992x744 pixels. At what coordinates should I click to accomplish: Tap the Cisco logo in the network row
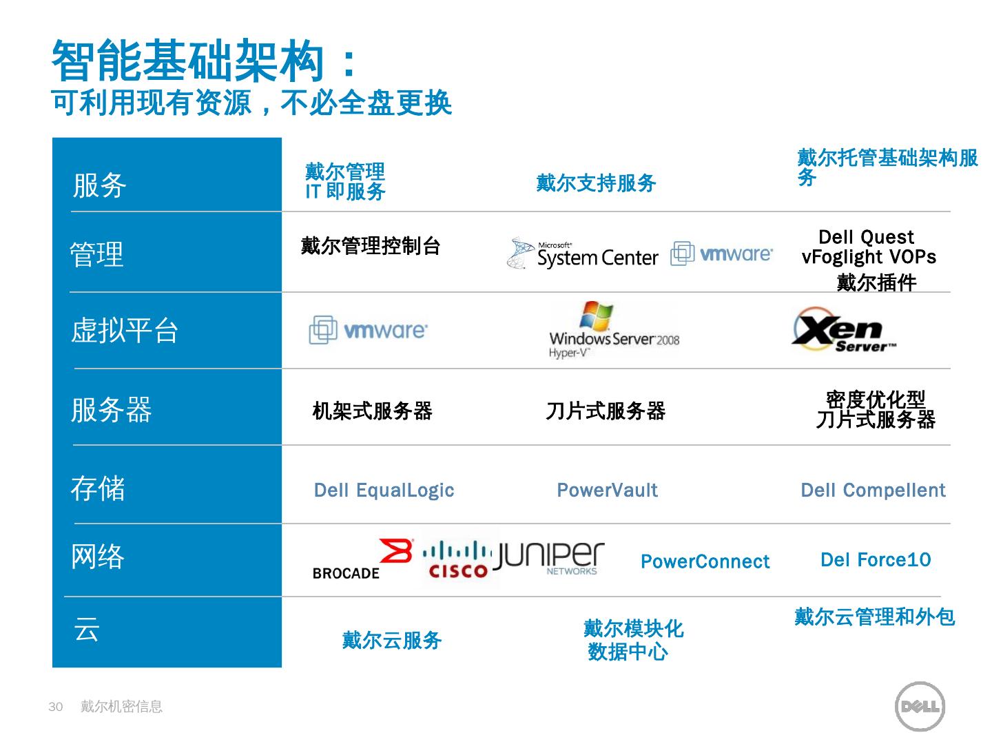458,559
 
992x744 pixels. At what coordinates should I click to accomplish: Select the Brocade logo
362,559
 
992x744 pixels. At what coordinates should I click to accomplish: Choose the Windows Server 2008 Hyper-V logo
612,330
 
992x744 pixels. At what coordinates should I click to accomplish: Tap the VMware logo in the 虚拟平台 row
368,330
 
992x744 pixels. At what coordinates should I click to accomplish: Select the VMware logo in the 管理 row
721,254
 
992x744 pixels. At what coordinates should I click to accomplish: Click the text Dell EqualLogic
384,490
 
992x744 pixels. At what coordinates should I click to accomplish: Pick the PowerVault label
607,490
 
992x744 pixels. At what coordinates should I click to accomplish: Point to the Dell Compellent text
873,490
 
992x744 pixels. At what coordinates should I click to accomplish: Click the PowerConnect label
705,562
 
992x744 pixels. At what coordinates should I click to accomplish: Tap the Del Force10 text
875,560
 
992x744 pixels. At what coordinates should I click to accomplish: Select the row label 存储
98,488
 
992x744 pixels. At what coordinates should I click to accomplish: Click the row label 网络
98,557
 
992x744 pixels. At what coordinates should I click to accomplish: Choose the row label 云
87,629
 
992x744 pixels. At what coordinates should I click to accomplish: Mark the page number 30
56,707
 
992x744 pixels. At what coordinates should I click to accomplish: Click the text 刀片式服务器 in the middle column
606,411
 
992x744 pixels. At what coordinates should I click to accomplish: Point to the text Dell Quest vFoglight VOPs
869,247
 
